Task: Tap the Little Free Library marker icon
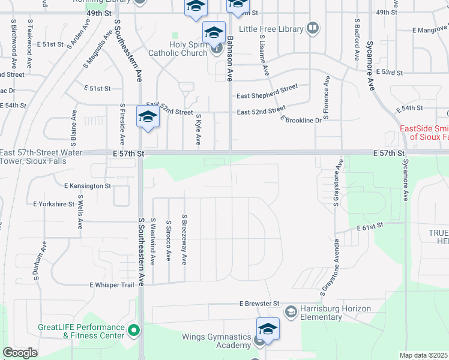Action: [x=313, y=28]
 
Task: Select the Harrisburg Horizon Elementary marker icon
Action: [x=291, y=311]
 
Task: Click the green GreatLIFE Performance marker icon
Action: [x=134, y=329]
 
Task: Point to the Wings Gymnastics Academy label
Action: [x=217, y=341]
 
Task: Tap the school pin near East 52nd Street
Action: [x=148, y=118]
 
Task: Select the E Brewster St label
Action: [x=260, y=304]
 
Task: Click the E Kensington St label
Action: [x=87, y=186]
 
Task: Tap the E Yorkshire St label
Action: [x=53, y=204]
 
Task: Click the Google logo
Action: [x=20, y=353]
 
